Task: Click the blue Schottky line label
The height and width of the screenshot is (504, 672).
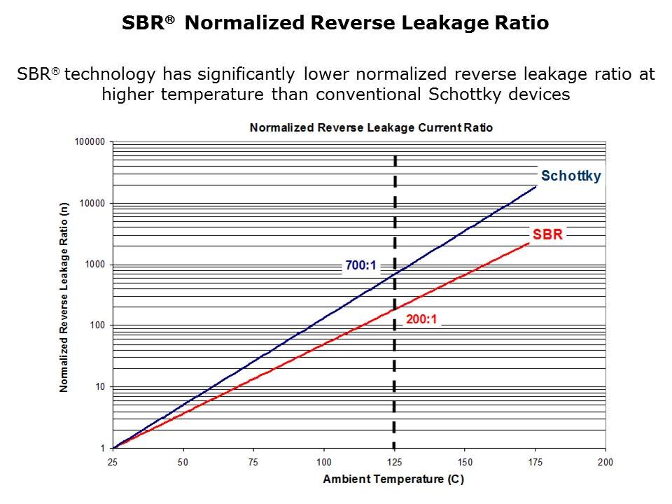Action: coord(570,176)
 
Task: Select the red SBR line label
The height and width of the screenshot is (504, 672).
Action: coord(547,234)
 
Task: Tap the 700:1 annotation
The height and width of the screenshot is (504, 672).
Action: coord(360,265)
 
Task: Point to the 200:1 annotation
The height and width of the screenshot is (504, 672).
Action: coord(422,320)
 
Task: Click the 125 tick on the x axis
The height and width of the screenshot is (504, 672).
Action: coord(395,462)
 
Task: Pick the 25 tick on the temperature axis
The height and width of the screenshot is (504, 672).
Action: coord(113,462)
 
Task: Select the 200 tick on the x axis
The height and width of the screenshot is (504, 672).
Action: coord(605,462)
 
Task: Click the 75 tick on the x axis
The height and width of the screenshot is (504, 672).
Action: coord(254,462)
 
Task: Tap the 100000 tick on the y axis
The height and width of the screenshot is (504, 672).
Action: coord(89,142)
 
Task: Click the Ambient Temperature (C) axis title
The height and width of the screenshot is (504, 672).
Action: coord(393,479)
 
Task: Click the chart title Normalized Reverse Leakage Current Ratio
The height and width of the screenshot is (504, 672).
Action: coord(371,127)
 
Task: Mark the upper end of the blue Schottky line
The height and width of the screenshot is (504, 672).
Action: coord(536,186)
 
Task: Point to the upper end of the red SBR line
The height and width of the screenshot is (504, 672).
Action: coord(528,243)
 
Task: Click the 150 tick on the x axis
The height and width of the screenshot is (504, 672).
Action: coord(465,462)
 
